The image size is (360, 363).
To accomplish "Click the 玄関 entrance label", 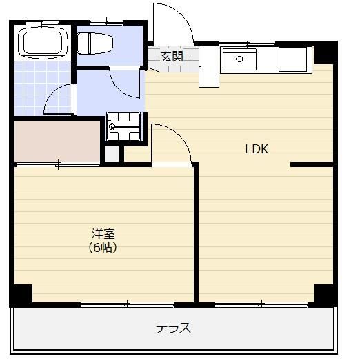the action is pyautogui.click(x=172, y=57).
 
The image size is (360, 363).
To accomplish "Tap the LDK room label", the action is pyautogui.click(x=257, y=149).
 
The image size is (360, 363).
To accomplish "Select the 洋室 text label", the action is pyautogui.click(x=103, y=233).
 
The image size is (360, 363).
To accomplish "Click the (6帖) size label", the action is pyautogui.click(x=103, y=248).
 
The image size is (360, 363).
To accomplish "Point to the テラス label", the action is pyautogui.click(x=173, y=328).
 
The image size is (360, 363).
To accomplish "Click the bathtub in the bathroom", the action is pyautogui.click(x=43, y=43).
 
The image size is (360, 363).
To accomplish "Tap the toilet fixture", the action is pyautogui.click(x=94, y=43).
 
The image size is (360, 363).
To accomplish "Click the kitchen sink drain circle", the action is pyautogui.click(x=239, y=59).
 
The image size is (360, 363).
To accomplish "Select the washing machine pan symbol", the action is pyautogui.click(x=123, y=126).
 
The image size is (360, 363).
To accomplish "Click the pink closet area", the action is pyautogui.click(x=57, y=141).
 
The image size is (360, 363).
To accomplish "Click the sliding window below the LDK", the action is pyautogui.click(x=261, y=304).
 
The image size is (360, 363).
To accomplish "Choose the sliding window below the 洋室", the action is pyautogui.click(x=128, y=304).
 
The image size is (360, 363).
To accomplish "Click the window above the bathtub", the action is pyautogui.click(x=42, y=23).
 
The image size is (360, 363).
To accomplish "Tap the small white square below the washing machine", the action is pyautogui.click(x=112, y=154).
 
